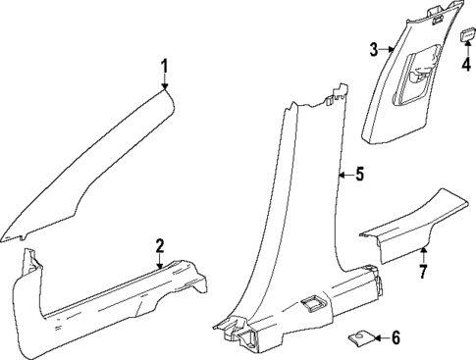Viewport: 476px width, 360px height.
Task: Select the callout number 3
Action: tap(374, 49)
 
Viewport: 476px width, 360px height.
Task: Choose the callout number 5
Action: tap(359, 175)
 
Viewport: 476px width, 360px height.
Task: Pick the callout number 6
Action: tap(396, 338)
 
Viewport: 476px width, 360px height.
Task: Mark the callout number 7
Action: tap(423, 270)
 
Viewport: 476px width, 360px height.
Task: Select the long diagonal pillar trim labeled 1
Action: tap(98, 167)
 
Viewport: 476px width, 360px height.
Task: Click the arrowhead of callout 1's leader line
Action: tap(165, 89)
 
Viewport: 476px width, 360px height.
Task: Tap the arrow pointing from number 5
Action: tap(341, 175)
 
